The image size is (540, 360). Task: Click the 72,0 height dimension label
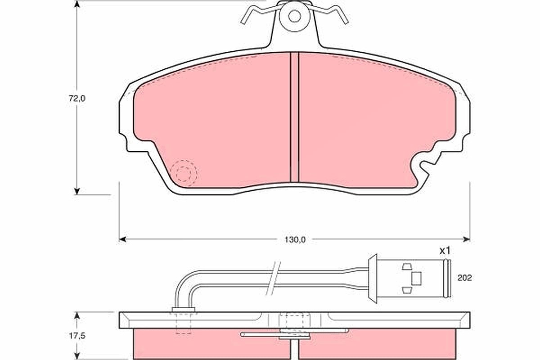point(77,99)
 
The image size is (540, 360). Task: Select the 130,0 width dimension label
point(295,240)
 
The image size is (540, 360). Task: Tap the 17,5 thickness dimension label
point(77,336)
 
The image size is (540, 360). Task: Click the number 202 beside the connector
point(464,278)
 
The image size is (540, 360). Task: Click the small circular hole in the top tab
point(294,17)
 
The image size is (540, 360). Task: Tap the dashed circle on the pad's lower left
point(184,173)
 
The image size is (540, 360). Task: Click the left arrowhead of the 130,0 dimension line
point(123,239)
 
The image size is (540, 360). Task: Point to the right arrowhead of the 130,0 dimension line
point(467,239)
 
